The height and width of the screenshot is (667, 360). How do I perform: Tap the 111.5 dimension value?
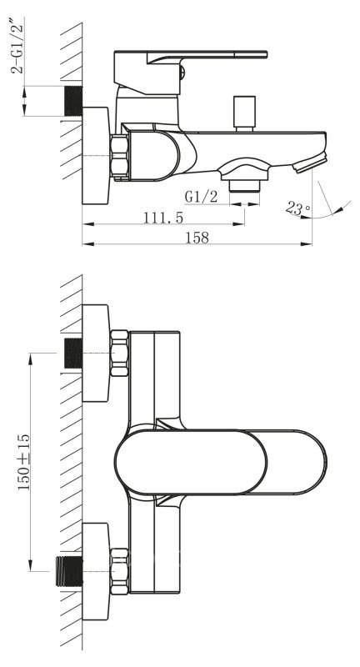(163, 218)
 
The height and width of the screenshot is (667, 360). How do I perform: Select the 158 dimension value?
(197, 238)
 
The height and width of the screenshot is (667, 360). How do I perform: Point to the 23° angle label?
(298, 208)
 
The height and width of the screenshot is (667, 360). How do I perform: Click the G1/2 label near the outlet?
(201, 197)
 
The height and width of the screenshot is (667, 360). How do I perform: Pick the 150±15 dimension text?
(24, 462)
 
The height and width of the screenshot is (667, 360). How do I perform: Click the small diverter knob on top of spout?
(244, 113)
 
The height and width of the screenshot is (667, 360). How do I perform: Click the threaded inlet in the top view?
(73, 101)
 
